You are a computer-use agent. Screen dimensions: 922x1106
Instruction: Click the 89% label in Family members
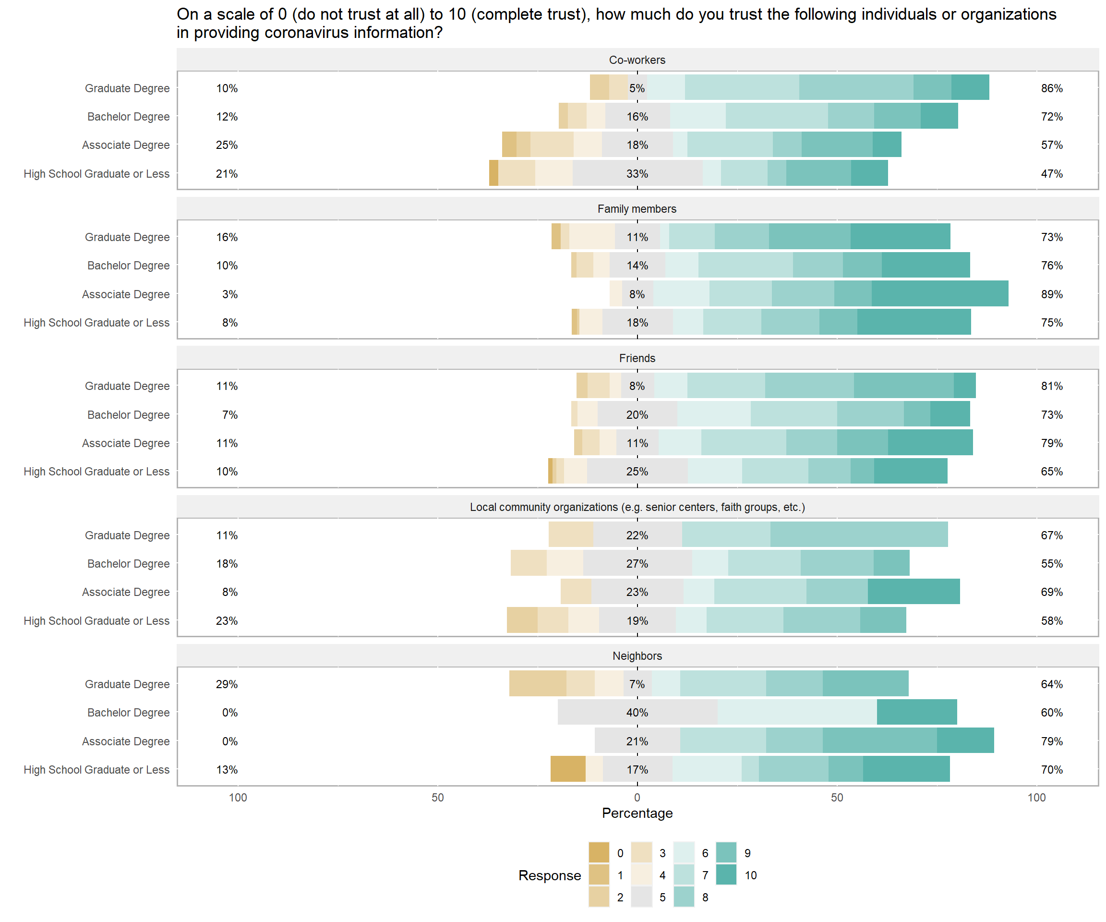click(x=1051, y=294)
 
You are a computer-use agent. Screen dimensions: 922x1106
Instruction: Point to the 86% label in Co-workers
click(x=1051, y=88)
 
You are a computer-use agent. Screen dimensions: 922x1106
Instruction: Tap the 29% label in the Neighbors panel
click(x=227, y=684)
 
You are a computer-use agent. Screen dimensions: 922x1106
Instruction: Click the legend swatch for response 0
click(x=599, y=852)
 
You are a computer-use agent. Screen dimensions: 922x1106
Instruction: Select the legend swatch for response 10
click(x=726, y=874)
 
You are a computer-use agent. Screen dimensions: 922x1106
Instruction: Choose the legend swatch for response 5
click(x=641, y=897)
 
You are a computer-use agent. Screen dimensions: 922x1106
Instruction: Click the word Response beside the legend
click(x=549, y=875)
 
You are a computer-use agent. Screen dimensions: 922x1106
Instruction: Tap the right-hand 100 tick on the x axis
click(x=1036, y=797)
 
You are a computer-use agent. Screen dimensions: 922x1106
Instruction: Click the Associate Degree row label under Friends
click(x=125, y=443)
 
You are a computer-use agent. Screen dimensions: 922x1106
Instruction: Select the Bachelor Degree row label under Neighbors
click(x=128, y=712)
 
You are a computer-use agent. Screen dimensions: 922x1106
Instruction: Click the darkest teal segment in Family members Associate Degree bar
click(x=939, y=293)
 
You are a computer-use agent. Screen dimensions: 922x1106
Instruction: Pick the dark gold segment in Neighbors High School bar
click(x=568, y=769)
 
